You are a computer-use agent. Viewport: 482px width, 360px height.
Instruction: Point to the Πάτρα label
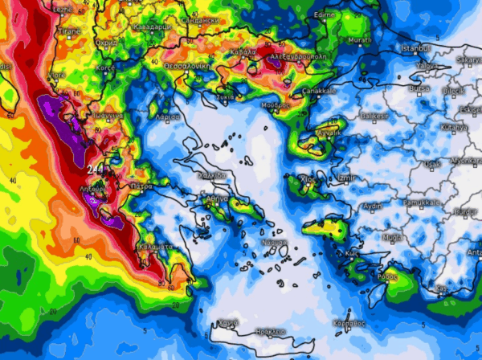[x=142, y=186]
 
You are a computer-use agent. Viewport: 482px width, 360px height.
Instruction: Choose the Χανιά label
[x=228, y=323]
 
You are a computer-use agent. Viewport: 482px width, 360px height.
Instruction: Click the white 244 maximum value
[x=96, y=169]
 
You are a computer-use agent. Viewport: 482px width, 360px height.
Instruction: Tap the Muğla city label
[x=393, y=238]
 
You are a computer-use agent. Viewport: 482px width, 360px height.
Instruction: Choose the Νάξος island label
[x=274, y=242]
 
